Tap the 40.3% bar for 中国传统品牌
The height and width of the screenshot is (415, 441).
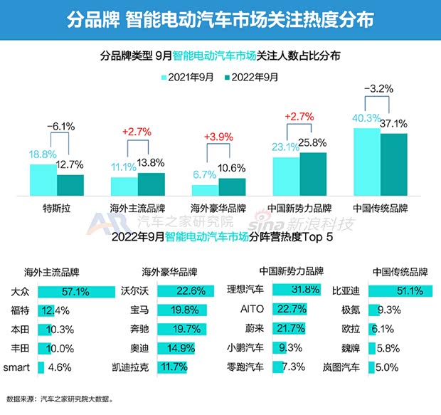point(366,161)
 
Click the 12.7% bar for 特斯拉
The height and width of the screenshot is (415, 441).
point(70,184)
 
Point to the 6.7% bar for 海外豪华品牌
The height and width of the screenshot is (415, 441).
point(205,189)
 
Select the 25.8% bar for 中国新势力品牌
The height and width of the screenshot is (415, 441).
point(313,173)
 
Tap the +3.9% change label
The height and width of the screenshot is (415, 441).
point(218,136)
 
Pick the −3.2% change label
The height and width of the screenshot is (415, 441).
point(379,89)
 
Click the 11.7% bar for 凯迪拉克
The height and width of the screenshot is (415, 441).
point(171,367)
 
